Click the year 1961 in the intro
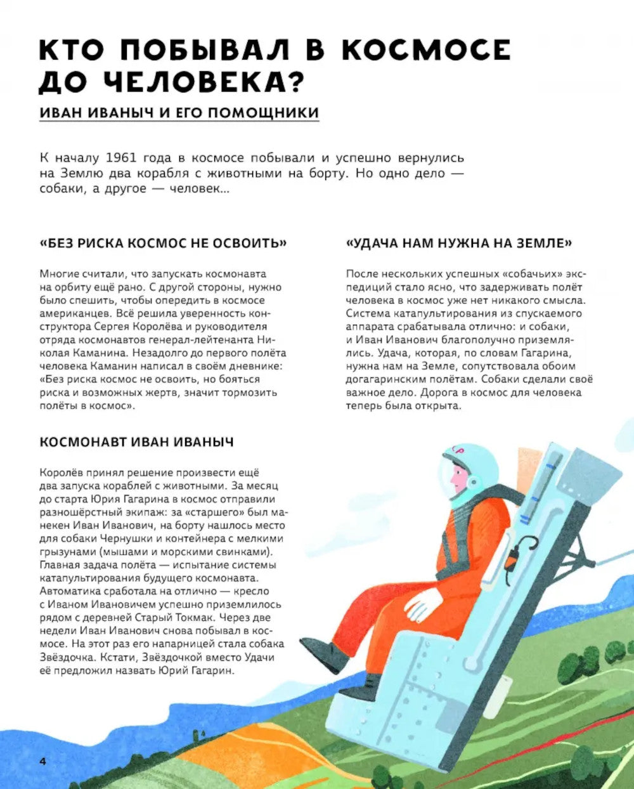click(121, 158)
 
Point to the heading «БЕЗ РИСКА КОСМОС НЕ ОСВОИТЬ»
click(163, 243)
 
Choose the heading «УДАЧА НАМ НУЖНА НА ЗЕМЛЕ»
click(459, 243)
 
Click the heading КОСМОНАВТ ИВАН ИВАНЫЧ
click(136, 442)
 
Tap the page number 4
click(43, 761)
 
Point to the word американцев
click(72, 313)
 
